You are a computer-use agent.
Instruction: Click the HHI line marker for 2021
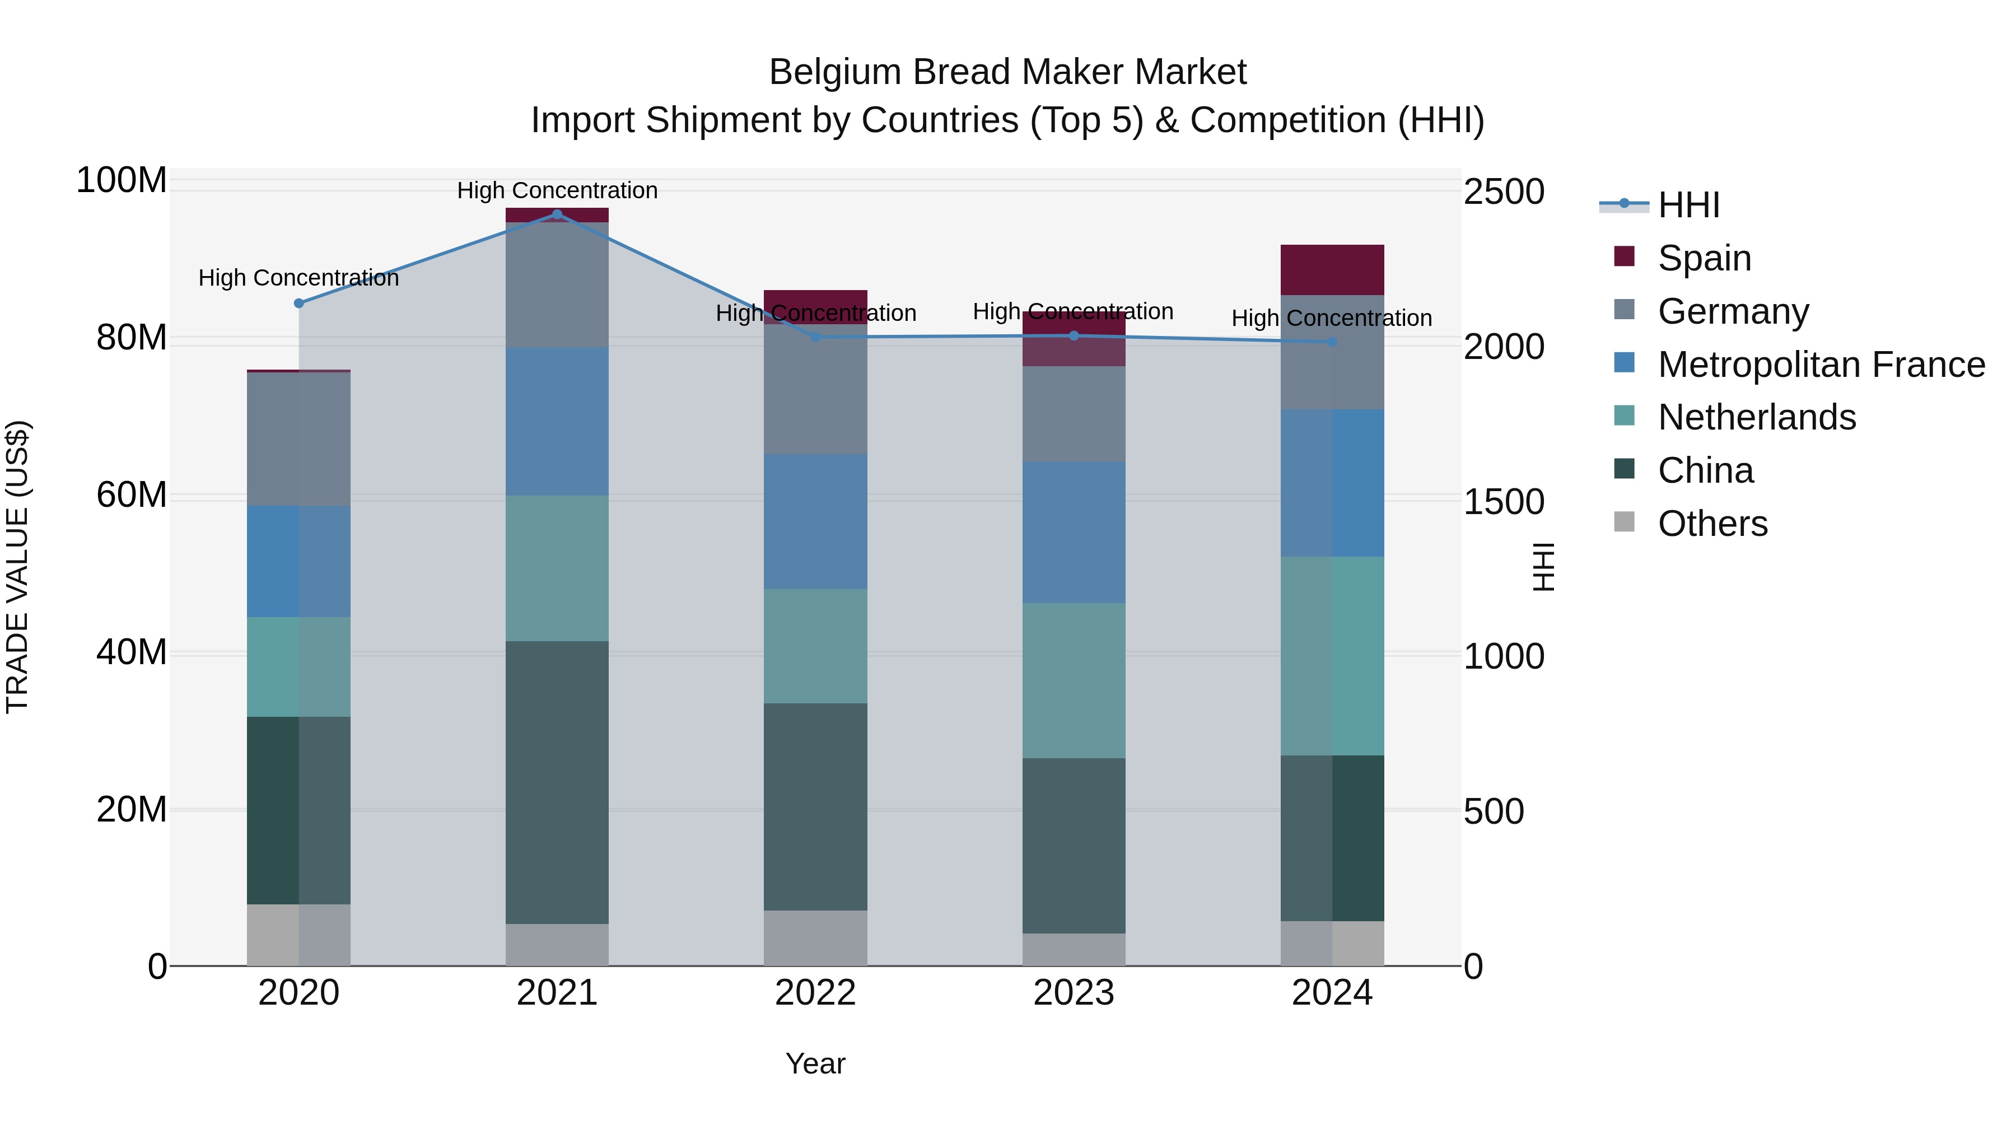pos(557,214)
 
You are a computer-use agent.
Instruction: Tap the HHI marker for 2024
pos(1332,342)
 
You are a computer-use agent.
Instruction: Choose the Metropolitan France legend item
pos(1821,365)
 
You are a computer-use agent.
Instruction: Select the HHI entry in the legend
pos(1688,205)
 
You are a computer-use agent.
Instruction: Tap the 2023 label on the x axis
pos(1073,993)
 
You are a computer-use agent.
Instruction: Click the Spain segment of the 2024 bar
pos(1332,270)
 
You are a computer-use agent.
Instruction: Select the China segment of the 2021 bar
pos(557,783)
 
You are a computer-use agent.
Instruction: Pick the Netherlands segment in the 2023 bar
pos(1073,681)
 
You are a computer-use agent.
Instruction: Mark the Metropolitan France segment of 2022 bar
pos(815,522)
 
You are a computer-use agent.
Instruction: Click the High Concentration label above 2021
pos(557,190)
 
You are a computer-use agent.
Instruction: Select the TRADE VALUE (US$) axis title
pos(17,567)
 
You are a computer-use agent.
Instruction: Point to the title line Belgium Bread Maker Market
pos(1007,72)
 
